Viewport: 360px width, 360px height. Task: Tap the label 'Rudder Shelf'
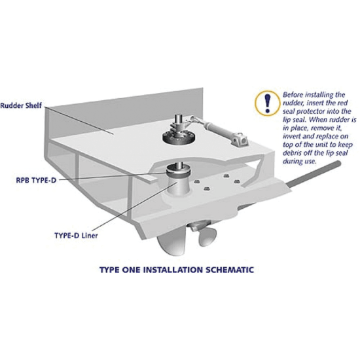pyautogui.click(x=20, y=105)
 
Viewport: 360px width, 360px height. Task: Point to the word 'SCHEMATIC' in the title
pyautogui.click(x=223, y=269)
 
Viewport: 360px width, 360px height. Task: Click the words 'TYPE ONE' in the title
pyautogui.click(x=118, y=269)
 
